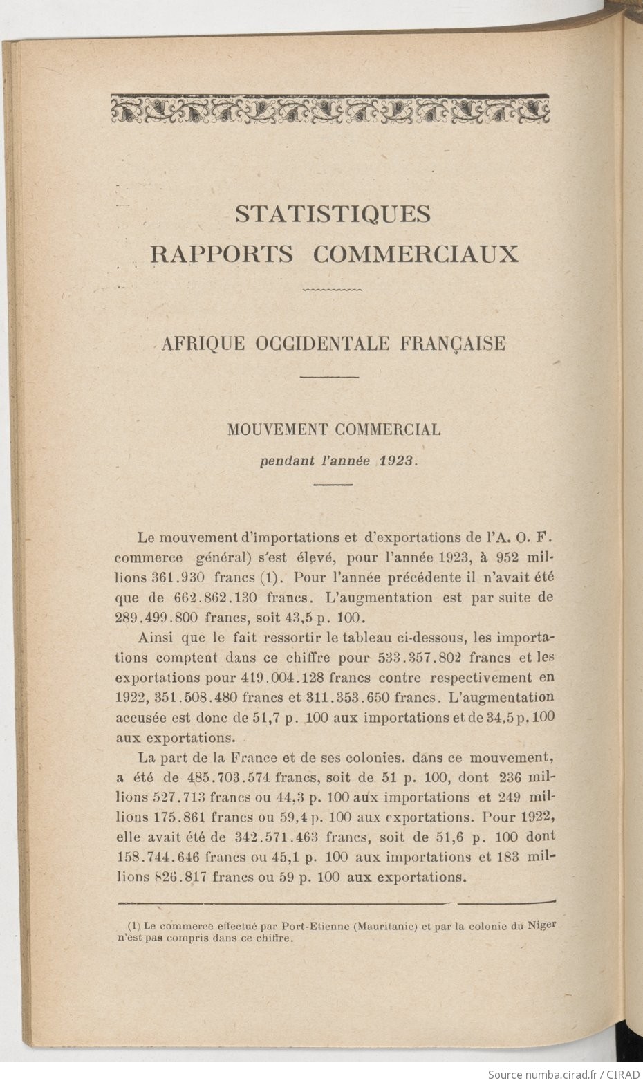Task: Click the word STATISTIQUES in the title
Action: [x=333, y=214]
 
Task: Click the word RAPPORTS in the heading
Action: [x=222, y=254]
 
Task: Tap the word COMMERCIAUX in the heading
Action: [x=416, y=254]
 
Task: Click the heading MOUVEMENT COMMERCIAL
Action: [x=334, y=429]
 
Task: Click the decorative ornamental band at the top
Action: [x=333, y=109]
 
